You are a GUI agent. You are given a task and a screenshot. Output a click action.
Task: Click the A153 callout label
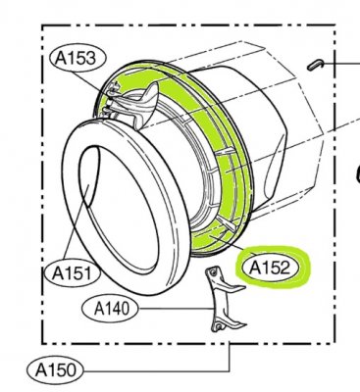click(73, 58)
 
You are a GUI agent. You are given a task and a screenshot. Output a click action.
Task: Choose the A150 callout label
click(60, 369)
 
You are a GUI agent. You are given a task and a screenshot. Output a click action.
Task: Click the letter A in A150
click(42, 369)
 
